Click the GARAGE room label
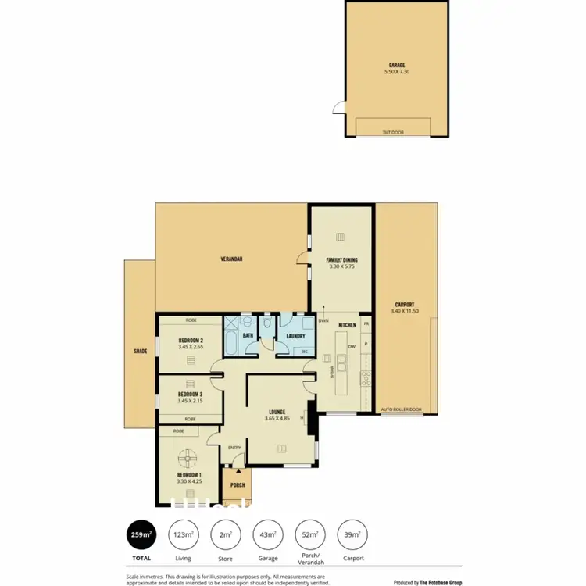pos(397,66)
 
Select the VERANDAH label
pos(230,258)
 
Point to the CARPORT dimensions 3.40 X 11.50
pos(405,311)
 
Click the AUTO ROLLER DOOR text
pos(401,409)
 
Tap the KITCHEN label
pos(348,325)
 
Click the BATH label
pos(247,336)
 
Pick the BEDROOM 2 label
pos(191,341)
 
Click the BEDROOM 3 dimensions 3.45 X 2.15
pos(191,402)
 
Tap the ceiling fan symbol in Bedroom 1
pos(188,458)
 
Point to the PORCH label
pos(238,485)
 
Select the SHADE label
pos(141,352)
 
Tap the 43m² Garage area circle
pos(268,534)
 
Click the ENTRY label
pos(234,448)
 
